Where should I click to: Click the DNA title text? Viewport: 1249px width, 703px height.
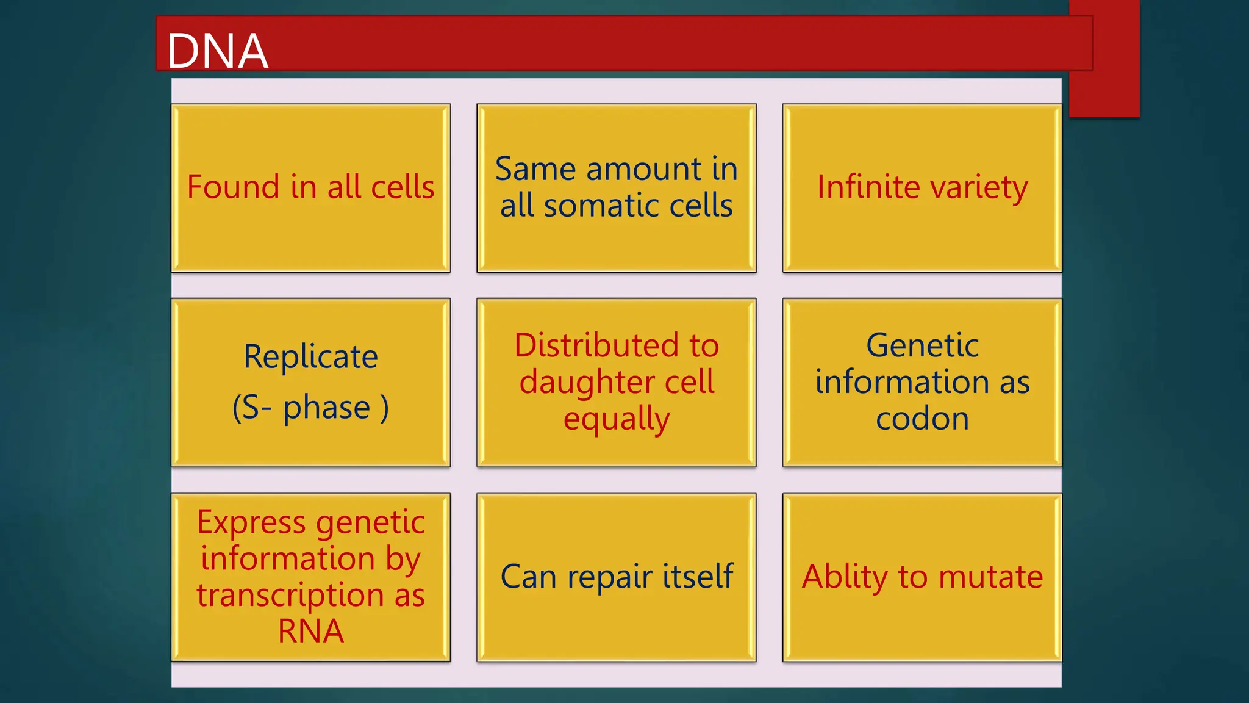(217, 51)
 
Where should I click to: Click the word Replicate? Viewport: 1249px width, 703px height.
(310, 357)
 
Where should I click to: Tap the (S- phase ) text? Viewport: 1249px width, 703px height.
(310, 408)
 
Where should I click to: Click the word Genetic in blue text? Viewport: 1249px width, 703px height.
(922, 345)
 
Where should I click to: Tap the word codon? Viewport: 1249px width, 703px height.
(922, 419)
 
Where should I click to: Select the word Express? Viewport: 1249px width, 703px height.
(251, 523)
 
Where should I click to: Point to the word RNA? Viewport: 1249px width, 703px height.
(310, 631)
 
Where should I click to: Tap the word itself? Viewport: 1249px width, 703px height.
(698, 576)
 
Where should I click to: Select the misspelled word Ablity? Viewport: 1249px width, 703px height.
(845, 577)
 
